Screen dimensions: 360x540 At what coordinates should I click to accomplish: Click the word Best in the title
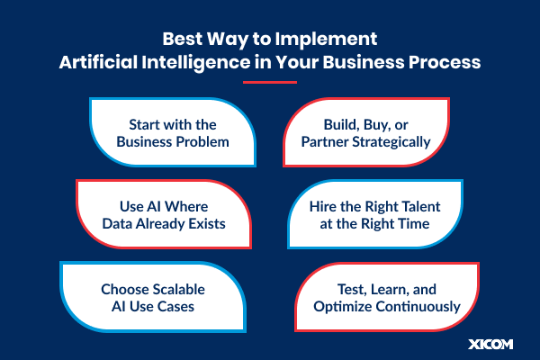tap(184, 40)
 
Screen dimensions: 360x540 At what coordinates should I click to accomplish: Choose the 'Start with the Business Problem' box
tap(170, 132)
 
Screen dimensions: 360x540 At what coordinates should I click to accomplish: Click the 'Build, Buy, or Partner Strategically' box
tap(369, 132)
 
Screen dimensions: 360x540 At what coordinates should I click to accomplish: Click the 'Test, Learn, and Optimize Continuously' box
tap(388, 296)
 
